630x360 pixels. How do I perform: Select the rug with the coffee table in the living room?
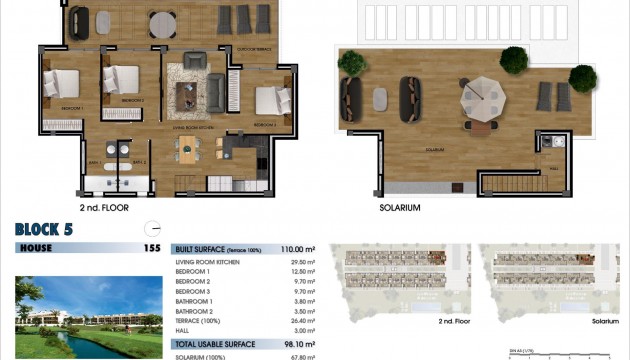(188, 94)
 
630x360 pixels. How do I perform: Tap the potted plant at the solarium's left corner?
(352, 64)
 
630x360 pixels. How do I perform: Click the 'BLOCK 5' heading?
(49, 229)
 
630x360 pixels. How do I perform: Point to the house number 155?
(152, 248)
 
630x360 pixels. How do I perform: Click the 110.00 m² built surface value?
(297, 248)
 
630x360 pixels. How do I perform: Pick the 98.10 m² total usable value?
(300, 343)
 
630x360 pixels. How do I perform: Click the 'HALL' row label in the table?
(184, 330)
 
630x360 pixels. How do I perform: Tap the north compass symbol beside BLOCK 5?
(152, 226)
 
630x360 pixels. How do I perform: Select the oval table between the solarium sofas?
(379, 98)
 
